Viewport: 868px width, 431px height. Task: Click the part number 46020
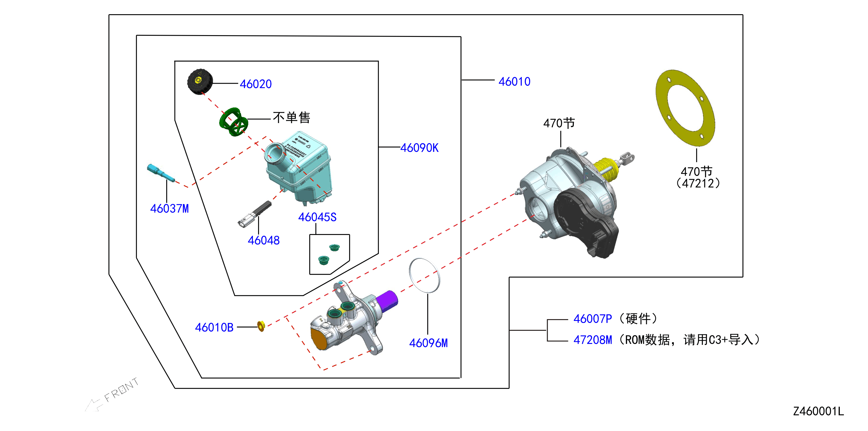click(256, 84)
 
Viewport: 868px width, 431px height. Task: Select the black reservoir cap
click(200, 82)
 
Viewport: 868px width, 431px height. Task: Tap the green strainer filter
click(233, 122)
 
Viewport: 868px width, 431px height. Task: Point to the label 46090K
click(419, 148)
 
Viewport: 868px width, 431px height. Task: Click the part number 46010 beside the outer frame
click(514, 82)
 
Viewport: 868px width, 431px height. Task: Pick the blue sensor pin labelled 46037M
click(161, 173)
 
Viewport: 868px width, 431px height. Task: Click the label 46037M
click(169, 209)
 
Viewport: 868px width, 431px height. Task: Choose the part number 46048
click(263, 240)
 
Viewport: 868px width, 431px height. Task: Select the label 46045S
click(317, 217)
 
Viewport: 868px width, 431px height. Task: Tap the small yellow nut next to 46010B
click(261, 326)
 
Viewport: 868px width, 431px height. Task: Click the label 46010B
click(214, 327)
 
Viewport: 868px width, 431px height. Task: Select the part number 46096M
click(428, 343)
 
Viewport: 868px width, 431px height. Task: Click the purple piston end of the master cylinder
click(387, 301)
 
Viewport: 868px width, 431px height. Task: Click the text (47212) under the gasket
click(698, 183)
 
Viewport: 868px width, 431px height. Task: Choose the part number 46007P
click(592, 319)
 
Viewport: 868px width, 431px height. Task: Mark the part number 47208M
click(592, 340)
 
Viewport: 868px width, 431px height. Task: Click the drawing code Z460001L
click(819, 411)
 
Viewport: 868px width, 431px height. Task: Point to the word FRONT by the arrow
click(121, 389)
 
